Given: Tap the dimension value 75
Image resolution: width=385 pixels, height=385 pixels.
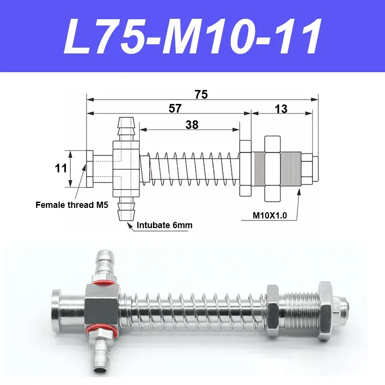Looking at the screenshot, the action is point(201,94).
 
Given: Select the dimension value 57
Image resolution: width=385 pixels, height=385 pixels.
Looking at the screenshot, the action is point(175,108).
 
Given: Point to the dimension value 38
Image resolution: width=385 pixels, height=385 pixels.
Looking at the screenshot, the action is point(192,125).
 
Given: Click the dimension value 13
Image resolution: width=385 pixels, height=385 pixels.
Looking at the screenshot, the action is point(281,109).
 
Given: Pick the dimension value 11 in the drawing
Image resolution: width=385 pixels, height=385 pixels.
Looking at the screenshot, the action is point(61,168).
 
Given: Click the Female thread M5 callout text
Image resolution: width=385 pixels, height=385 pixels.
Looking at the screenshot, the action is point(72,205).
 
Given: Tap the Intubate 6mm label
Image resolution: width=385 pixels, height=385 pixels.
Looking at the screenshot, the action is point(165,225).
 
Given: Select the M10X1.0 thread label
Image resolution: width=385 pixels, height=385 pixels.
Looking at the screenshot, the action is point(269,215).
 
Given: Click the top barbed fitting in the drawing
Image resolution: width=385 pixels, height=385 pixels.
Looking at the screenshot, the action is point(126,129).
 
